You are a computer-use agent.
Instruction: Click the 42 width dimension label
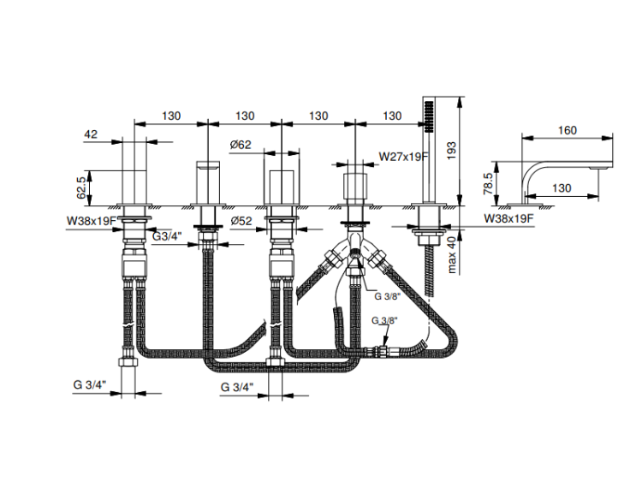click(x=91, y=134)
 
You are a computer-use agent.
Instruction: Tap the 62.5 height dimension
click(x=81, y=188)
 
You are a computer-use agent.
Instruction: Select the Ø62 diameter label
click(x=241, y=145)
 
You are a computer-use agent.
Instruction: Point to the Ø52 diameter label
click(x=241, y=221)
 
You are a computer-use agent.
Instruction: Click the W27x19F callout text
click(x=403, y=156)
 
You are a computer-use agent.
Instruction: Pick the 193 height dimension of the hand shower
click(x=451, y=152)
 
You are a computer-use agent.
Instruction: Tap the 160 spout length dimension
click(x=568, y=130)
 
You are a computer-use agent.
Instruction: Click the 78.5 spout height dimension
click(x=488, y=183)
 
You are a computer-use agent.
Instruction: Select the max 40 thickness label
click(x=452, y=254)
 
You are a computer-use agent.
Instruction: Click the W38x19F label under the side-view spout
click(x=509, y=218)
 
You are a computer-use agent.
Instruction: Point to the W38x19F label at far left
click(x=92, y=221)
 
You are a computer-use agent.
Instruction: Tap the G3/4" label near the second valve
click(x=167, y=236)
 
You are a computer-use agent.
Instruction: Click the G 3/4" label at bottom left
click(x=90, y=384)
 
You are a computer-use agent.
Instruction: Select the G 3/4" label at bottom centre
click(x=237, y=387)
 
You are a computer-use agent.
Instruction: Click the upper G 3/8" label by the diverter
click(x=387, y=296)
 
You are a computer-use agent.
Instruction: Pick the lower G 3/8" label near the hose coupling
click(x=384, y=320)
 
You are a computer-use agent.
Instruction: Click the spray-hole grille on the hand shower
click(x=429, y=116)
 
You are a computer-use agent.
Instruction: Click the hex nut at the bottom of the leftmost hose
click(x=128, y=361)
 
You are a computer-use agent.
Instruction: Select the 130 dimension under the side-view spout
click(x=562, y=188)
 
